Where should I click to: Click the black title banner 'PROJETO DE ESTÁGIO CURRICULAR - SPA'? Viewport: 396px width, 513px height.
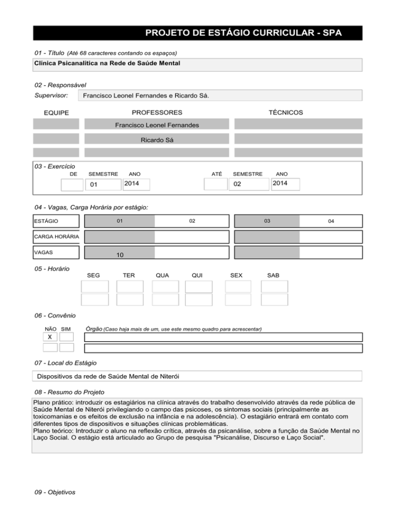(x=198, y=33)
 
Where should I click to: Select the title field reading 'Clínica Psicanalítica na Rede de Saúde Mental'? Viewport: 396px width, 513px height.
(x=198, y=65)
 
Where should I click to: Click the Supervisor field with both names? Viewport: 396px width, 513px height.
(x=219, y=96)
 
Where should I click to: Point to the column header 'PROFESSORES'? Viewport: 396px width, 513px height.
(x=157, y=113)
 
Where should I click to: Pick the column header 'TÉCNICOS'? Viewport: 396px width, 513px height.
(x=285, y=113)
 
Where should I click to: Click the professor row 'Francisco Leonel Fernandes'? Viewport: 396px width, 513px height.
(x=157, y=124)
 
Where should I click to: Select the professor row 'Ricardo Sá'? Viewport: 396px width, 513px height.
(x=157, y=139)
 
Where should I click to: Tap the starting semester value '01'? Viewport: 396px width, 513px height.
(x=94, y=185)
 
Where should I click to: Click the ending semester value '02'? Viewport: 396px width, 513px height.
(x=237, y=185)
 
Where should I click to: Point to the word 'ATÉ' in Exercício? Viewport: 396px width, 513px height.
(x=217, y=174)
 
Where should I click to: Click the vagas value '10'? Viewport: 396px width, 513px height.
(x=119, y=255)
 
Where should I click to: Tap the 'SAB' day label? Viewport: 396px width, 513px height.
(x=273, y=276)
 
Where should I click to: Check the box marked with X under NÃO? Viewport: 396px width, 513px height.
(x=50, y=337)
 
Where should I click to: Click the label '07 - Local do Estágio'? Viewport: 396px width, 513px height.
(x=64, y=363)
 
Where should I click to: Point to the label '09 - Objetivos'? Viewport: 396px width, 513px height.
(x=53, y=492)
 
